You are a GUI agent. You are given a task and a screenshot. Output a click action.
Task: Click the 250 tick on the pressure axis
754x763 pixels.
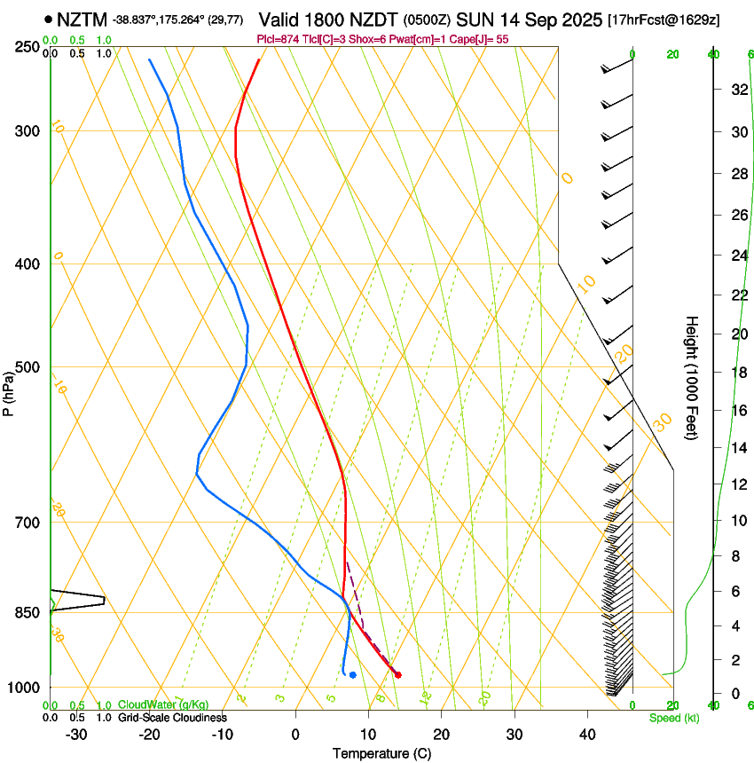click(27, 46)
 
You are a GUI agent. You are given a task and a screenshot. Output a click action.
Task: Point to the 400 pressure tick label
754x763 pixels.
click(27, 264)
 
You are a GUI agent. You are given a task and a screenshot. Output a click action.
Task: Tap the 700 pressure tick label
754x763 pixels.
click(27, 523)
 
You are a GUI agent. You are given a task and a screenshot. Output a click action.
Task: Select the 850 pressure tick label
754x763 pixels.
click(27, 613)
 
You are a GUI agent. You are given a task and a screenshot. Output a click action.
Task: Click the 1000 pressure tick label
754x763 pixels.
click(25, 688)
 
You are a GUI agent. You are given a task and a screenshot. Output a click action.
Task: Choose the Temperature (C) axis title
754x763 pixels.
click(381, 753)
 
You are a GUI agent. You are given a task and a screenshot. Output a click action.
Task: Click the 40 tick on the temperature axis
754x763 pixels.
click(587, 734)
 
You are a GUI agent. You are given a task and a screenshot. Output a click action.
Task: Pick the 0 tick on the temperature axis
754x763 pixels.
click(295, 734)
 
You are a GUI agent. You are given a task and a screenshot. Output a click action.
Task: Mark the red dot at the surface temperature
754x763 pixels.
click(397, 675)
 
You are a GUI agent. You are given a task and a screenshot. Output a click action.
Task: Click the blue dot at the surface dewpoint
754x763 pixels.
click(353, 675)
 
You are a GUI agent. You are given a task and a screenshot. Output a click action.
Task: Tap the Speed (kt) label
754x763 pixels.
click(673, 718)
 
